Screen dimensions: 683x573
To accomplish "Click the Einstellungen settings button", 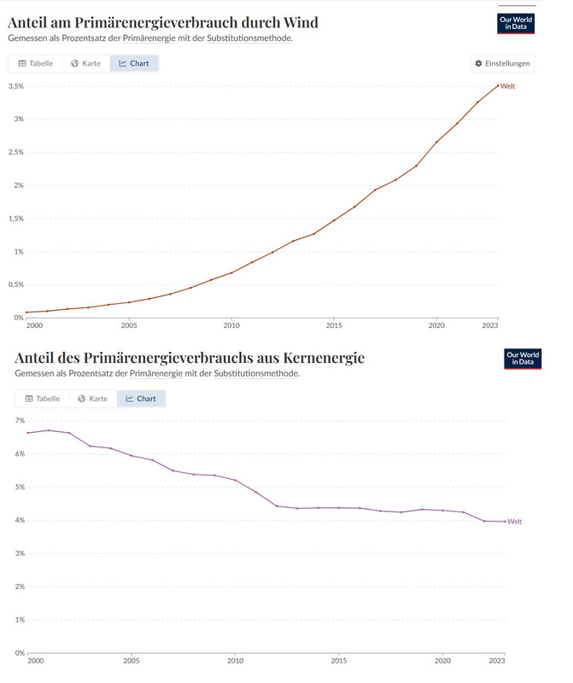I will coord(503,63).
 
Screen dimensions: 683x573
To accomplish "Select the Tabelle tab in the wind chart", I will coord(35,63).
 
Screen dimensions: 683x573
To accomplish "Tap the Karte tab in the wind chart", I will coord(85,63).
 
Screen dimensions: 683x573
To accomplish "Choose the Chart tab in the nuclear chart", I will coord(141,398).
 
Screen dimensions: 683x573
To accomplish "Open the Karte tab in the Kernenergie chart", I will coord(93,398).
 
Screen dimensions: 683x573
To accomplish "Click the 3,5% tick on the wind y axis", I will coord(15,86).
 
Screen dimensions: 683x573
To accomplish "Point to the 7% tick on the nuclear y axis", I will coord(20,421).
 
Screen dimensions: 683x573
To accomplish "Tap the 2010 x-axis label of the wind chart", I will coord(231,325).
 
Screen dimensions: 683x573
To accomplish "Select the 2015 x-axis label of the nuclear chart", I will coord(339,660).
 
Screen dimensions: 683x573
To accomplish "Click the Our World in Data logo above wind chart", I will coord(516,23).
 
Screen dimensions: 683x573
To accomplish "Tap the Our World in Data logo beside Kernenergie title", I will coord(523,359).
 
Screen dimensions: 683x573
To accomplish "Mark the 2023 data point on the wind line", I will coord(498,85).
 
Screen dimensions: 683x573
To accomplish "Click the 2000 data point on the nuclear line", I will coord(28,433).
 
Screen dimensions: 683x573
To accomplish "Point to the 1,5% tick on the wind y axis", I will coord(15,219).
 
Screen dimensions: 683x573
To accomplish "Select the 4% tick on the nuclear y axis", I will coord(20,521).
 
